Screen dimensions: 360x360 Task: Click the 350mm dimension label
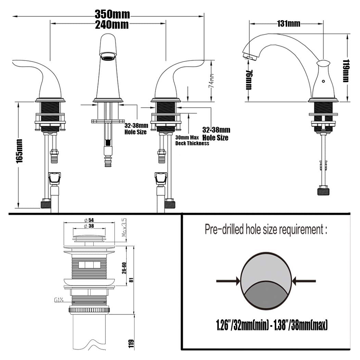click(112, 15)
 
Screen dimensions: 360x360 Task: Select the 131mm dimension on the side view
click(289, 23)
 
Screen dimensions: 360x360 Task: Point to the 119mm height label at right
click(346, 71)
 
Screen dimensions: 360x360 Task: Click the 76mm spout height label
click(249, 80)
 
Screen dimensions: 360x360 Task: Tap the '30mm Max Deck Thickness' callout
click(192, 140)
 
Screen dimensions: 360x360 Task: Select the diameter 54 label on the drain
click(89, 220)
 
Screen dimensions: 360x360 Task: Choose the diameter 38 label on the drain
click(89, 226)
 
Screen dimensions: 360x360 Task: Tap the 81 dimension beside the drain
click(131, 280)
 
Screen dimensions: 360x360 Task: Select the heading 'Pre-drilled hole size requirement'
click(266, 229)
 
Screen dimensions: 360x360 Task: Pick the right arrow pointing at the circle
click(304, 281)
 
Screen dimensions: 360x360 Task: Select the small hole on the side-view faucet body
click(323, 81)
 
